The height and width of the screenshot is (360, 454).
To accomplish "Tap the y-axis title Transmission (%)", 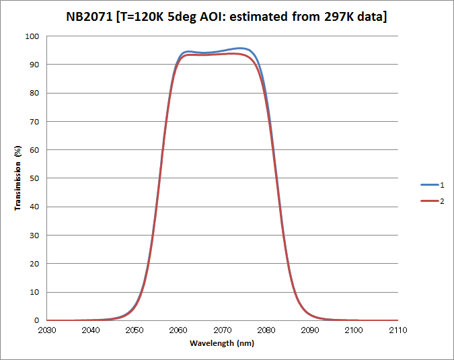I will point(17,177).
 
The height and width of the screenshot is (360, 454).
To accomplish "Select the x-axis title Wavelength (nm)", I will point(222,343).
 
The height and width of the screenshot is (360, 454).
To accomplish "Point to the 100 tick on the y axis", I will point(32,36).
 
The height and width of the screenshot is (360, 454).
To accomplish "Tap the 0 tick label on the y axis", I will point(37,321).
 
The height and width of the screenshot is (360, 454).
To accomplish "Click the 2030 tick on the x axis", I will point(47,330).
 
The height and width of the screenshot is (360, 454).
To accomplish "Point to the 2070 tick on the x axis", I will point(223,330).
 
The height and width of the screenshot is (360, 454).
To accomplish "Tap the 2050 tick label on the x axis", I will point(135,330).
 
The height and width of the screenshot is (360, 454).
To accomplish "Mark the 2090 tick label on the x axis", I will point(310,330).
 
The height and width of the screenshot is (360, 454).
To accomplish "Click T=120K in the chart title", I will point(141,16).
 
